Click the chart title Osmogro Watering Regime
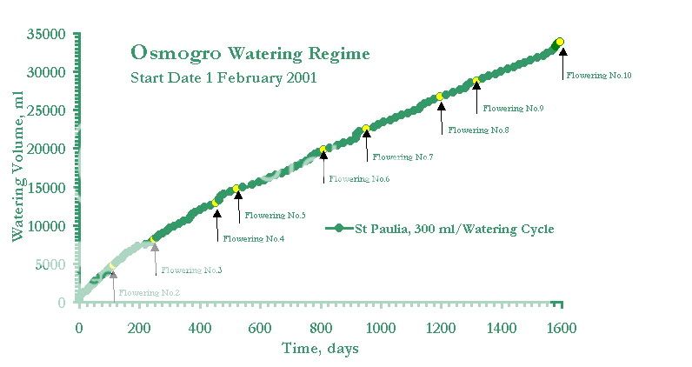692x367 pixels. (250, 53)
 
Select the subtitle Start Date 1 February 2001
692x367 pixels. (223, 77)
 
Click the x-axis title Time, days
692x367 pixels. (320, 349)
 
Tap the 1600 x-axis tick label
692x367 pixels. (562, 329)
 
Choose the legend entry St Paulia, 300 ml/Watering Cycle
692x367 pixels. (452, 230)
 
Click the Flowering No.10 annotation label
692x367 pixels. (598, 76)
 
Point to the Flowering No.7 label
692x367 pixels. (403, 157)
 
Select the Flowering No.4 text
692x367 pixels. (253, 238)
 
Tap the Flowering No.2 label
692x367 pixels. (149, 292)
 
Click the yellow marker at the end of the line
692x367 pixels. (560, 42)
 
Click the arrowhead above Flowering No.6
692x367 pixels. (323, 153)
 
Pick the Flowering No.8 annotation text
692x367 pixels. (478, 130)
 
